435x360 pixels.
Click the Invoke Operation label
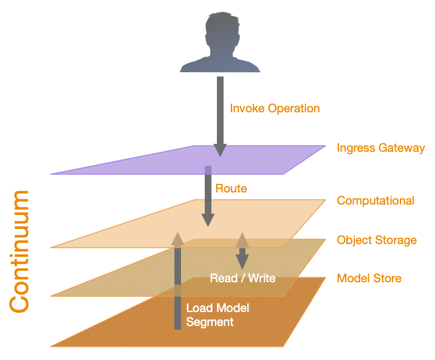[275, 109]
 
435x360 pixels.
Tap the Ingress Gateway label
[380, 148]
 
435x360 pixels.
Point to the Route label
[231, 189]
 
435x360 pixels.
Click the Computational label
[375, 200]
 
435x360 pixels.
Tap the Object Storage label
[377, 240]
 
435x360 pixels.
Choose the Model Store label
[369, 279]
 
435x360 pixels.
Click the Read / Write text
[242, 279]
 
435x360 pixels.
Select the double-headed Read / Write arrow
[242, 250]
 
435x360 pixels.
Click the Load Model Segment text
[217, 315]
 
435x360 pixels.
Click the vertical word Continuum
[20, 251]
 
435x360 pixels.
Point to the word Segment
[210, 322]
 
